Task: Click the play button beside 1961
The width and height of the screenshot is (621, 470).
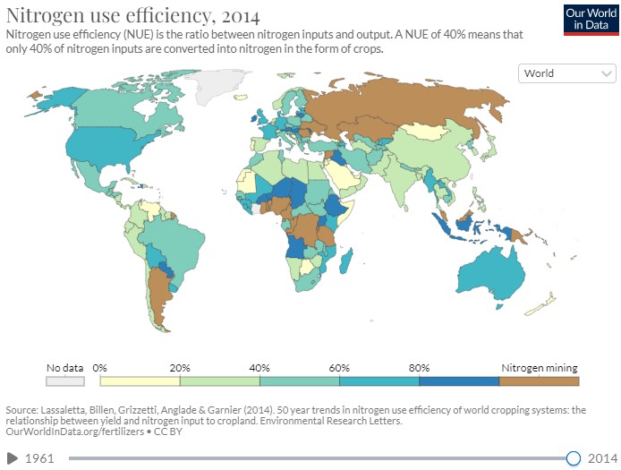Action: click(x=13, y=458)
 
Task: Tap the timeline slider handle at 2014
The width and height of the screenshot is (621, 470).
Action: click(x=574, y=458)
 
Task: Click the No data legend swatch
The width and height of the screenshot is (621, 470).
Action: click(x=65, y=380)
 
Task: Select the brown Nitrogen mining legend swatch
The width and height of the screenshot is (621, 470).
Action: click(x=539, y=380)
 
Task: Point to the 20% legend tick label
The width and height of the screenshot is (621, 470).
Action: click(x=180, y=367)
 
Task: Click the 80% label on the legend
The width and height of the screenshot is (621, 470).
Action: click(x=419, y=367)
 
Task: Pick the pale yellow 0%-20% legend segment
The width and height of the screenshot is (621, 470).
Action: click(x=140, y=380)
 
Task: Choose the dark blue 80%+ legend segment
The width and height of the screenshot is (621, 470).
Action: click(x=458, y=380)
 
